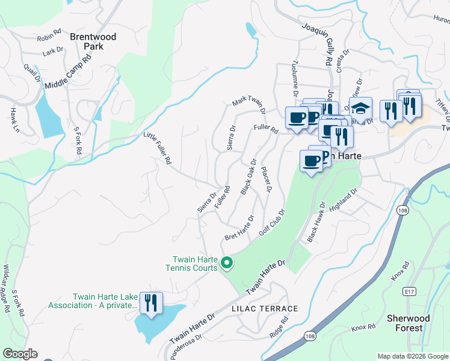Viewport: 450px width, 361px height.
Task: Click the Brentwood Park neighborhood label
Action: point(93,41)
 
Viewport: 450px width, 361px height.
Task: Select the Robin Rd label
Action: point(49,34)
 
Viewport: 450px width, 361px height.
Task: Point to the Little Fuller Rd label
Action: point(158,149)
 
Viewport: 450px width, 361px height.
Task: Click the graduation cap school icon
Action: point(360,109)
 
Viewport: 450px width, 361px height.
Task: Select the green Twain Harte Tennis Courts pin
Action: point(227,263)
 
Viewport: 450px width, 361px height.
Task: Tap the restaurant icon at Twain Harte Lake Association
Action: point(150,301)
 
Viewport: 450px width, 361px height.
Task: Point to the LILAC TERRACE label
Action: point(265,309)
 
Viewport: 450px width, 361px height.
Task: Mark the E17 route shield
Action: point(410,291)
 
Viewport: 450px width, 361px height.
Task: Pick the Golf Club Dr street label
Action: point(271,222)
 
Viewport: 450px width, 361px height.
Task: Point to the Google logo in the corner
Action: point(20,354)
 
